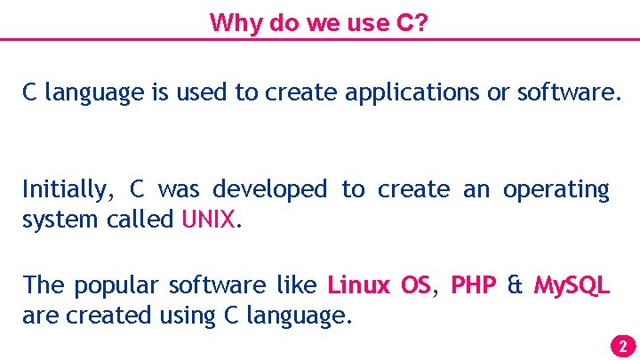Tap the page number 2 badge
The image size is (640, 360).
623,346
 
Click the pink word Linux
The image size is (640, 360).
359,285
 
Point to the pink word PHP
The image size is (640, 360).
473,285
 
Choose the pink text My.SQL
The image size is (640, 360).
572,285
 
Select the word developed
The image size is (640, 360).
269,189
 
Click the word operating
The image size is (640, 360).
556,189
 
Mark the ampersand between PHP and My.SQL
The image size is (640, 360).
515,285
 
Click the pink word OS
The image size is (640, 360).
415,285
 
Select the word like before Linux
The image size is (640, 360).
296,285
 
